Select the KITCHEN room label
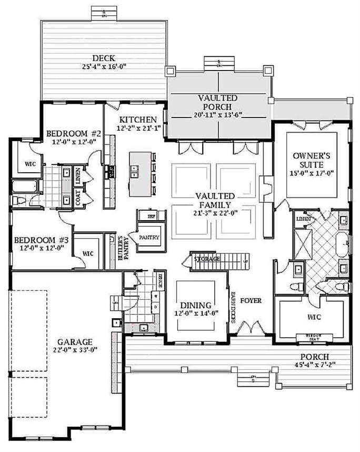(137, 119)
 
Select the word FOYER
(251, 301)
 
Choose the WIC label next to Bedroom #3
(88, 253)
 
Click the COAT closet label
(78, 199)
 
